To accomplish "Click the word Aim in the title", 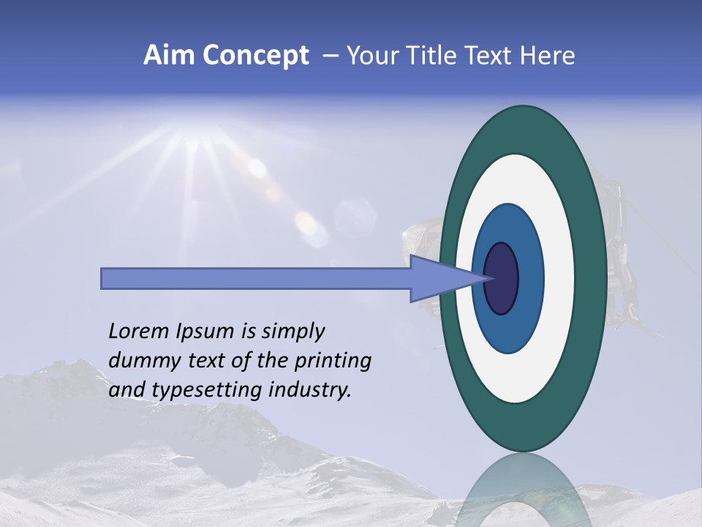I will point(169,56).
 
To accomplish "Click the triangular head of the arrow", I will point(439,278).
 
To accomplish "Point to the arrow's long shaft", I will point(256,278).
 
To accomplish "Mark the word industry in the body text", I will point(310,390).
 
